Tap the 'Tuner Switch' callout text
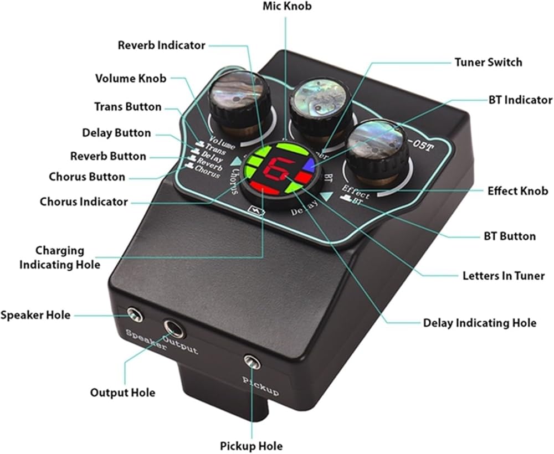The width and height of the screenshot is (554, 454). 488,62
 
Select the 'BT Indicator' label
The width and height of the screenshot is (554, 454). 520,100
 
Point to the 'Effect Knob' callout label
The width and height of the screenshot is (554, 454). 517,191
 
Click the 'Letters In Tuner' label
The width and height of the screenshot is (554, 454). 504,275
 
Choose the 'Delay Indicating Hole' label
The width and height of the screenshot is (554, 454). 479,323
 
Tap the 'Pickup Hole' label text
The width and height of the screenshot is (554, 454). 251,446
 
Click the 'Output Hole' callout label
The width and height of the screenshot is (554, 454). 122,393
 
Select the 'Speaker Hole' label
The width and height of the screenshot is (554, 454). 35,316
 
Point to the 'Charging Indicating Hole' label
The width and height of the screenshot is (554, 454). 60,257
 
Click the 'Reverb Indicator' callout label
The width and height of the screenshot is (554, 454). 161,45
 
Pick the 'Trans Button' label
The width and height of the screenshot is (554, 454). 128,107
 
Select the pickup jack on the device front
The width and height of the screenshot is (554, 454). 253,363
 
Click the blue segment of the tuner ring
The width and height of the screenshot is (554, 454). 306,164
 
